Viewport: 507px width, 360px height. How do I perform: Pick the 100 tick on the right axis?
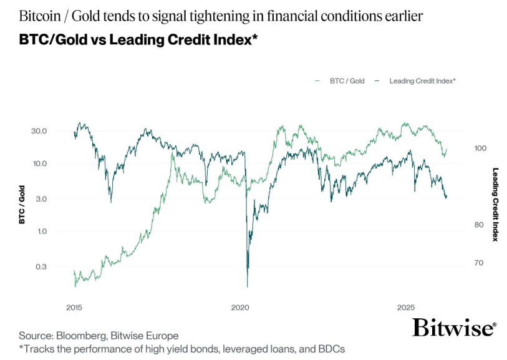click(480, 148)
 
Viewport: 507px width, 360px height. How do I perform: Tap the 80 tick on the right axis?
click(478, 225)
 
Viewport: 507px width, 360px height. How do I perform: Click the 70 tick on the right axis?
click(478, 263)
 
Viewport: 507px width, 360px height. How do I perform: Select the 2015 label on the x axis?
click(74, 308)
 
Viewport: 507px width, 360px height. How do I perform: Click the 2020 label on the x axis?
click(240, 308)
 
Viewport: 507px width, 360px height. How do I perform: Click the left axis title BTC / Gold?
click(21, 205)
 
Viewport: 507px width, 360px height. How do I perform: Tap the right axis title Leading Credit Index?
click(496, 205)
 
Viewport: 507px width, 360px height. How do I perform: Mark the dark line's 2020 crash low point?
click(248, 286)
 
